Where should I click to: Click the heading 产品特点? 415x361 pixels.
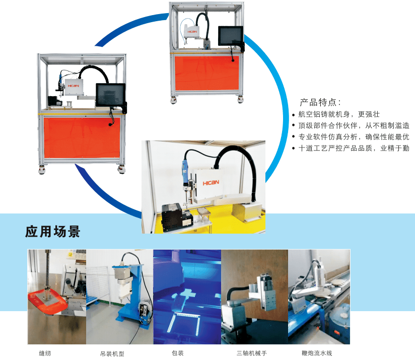click(320, 102)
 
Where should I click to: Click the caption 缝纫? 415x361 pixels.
click(45, 353)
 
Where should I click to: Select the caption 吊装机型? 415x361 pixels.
click(112, 353)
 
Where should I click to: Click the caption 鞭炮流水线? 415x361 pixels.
click(316, 353)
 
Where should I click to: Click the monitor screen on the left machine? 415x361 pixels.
click(109, 94)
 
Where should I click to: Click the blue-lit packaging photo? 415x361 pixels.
click(187, 297)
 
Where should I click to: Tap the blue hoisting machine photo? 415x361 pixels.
click(119, 297)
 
